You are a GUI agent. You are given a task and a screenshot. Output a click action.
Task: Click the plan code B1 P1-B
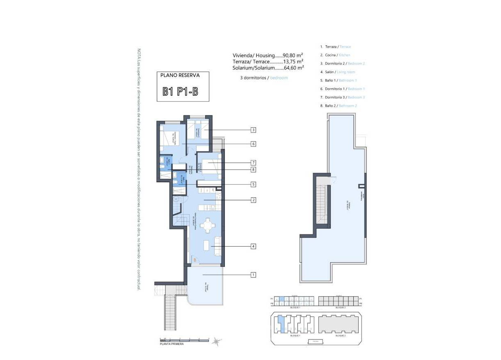pyautogui.click(x=181, y=91)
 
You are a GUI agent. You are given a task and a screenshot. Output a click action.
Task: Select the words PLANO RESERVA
pyautogui.click(x=180, y=76)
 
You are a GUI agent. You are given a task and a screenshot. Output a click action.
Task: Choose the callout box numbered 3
pyautogui.click(x=254, y=130)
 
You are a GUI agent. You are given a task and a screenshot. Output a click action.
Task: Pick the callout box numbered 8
pyautogui.click(x=254, y=170)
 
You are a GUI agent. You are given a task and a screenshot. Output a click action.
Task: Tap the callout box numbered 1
pyautogui.click(x=254, y=275)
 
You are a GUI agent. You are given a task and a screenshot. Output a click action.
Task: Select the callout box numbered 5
pyautogui.click(x=254, y=185)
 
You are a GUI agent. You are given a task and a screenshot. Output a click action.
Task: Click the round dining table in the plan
pyautogui.click(x=208, y=225)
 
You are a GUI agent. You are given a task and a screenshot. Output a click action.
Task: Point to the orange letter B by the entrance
pyautogui.click(x=195, y=259)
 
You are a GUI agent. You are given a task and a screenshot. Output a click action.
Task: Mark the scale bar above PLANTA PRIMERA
pyautogui.click(x=185, y=340)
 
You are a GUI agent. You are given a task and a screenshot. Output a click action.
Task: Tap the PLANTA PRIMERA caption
pyautogui.click(x=172, y=344)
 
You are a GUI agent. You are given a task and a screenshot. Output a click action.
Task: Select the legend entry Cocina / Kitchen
pyautogui.click(x=335, y=55)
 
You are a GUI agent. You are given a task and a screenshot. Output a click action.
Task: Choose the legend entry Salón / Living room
pyautogui.click(x=337, y=72)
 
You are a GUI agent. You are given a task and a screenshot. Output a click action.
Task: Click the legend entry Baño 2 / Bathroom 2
pyautogui.click(x=338, y=106)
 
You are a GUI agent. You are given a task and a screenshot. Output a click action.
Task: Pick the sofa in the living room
pyautogui.click(x=217, y=246)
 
